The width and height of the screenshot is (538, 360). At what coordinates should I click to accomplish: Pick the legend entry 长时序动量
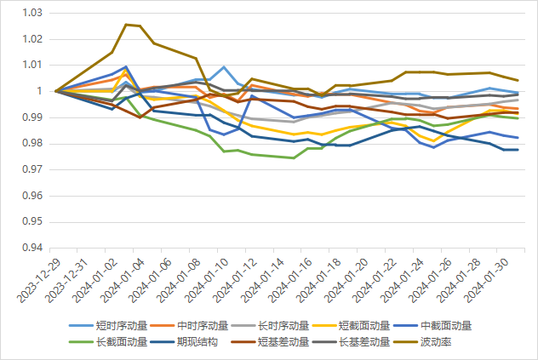tap(284, 325)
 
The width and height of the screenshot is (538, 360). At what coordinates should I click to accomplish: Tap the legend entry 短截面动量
tap(365, 325)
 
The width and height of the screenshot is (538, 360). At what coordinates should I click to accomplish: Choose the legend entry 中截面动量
tap(446, 325)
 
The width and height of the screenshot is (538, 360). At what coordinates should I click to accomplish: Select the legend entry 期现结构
tap(198, 341)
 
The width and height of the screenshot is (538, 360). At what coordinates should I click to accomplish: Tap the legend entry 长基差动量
tap(365, 341)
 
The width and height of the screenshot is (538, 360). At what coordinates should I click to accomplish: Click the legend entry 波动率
tap(436, 341)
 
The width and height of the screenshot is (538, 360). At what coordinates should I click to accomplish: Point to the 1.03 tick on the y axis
tap(31, 14)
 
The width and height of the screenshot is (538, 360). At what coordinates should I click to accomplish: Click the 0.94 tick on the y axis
tap(31, 249)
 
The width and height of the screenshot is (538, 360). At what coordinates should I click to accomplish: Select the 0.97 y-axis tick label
tap(31, 170)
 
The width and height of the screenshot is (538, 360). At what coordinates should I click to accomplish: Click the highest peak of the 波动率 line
tap(126, 25)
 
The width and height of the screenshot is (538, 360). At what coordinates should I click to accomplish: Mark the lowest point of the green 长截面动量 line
tap(295, 157)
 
